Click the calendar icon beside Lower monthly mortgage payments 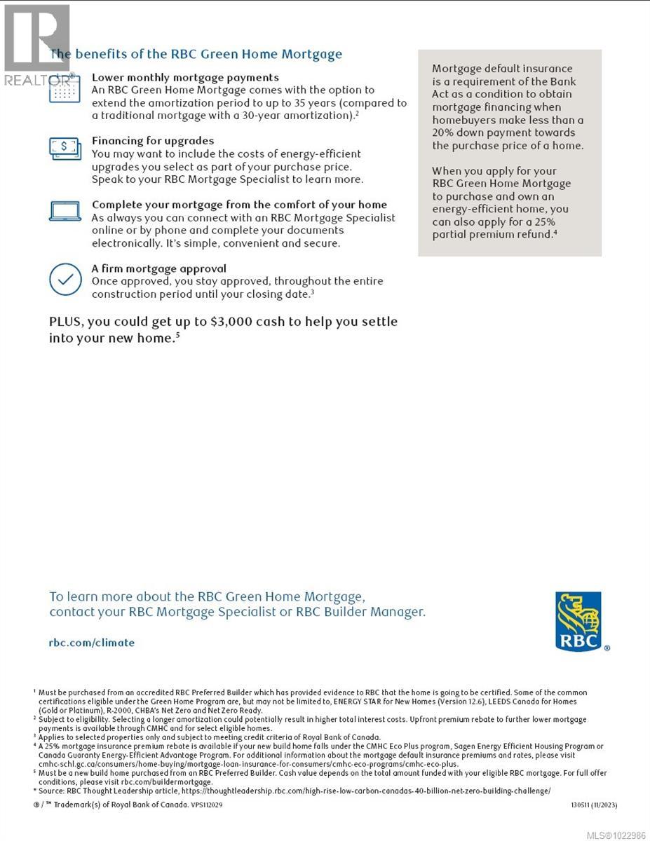64,90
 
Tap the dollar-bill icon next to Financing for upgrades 64,146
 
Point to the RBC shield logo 578,621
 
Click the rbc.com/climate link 92,642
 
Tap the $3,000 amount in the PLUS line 229,322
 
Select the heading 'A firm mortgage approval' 159,268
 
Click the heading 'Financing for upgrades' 153,141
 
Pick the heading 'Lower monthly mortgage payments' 185,78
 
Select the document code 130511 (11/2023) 594,805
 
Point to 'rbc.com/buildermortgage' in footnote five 165,781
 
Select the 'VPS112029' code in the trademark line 207,805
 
